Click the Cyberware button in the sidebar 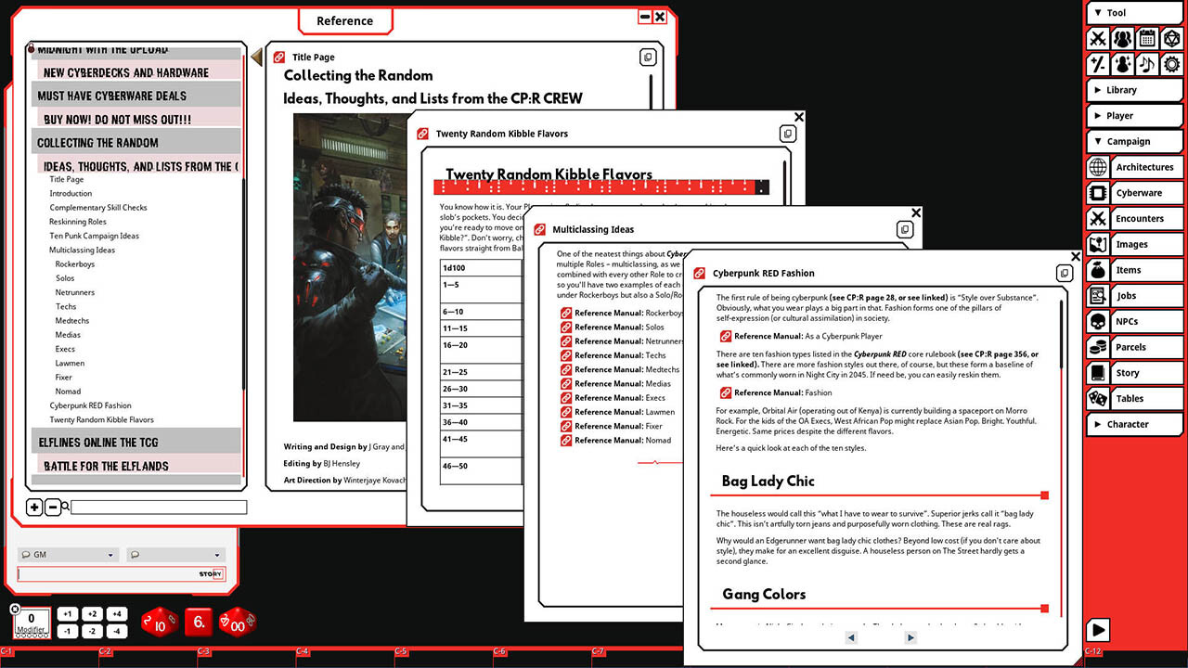(x=1138, y=193)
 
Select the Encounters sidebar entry (x=1139, y=219)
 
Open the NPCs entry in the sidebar (x=1127, y=322)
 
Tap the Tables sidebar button (x=1130, y=399)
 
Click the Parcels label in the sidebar (x=1130, y=347)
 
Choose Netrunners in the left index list (x=74, y=292)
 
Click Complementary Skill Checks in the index (x=98, y=208)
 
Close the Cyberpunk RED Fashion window (x=1076, y=257)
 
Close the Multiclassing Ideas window (x=916, y=213)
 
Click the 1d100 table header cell (x=455, y=267)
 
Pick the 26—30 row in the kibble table (x=455, y=389)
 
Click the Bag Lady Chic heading (x=768, y=481)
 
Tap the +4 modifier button (x=116, y=614)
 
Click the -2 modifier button (x=92, y=631)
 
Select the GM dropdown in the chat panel (x=68, y=555)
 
